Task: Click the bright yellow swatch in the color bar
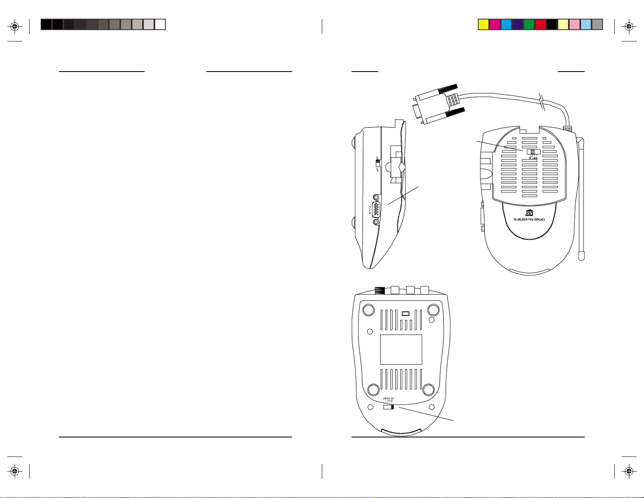tap(483, 24)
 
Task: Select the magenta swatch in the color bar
tap(494, 24)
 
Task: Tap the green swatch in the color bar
tap(529, 24)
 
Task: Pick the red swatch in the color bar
tap(540, 24)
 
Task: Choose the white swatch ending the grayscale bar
tap(160, 24)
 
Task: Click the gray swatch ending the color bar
tap(597, 24)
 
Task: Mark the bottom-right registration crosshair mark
tap(629, 471)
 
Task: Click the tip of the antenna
tap(582, 257)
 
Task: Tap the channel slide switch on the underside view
tap(389, 407)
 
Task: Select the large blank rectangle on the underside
tap(401, 349)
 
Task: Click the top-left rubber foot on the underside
tap(368, 310)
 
